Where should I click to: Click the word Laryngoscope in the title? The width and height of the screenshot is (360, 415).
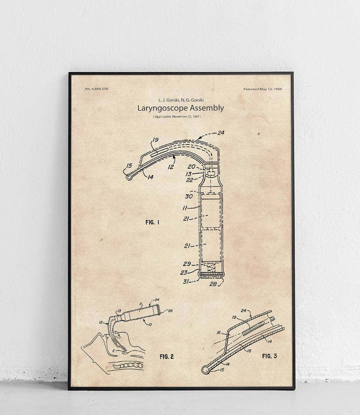(162, 108)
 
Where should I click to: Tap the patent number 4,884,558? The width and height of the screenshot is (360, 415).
(96, 89)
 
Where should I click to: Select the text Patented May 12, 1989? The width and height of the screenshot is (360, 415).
(263, 89)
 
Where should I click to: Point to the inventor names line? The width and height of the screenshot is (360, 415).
(181, 100)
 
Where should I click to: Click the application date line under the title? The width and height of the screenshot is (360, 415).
(177, 117)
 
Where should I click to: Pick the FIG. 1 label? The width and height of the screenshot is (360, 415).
(152, 222)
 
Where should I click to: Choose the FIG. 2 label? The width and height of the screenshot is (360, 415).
(167, 356)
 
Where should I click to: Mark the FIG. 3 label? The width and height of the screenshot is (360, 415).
(269, 356)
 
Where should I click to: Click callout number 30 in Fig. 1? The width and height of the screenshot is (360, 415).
(189, 196)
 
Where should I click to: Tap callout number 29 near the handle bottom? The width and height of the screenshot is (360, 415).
(187, 264)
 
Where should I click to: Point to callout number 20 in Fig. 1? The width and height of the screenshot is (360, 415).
(191, 167)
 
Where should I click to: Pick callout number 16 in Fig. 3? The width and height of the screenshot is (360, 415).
(219, 332)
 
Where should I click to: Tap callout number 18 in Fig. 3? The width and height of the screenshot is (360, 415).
(249, 351)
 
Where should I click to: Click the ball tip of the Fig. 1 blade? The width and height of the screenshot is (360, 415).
(128, 177)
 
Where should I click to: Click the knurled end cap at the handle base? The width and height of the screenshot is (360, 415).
(211, 274)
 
